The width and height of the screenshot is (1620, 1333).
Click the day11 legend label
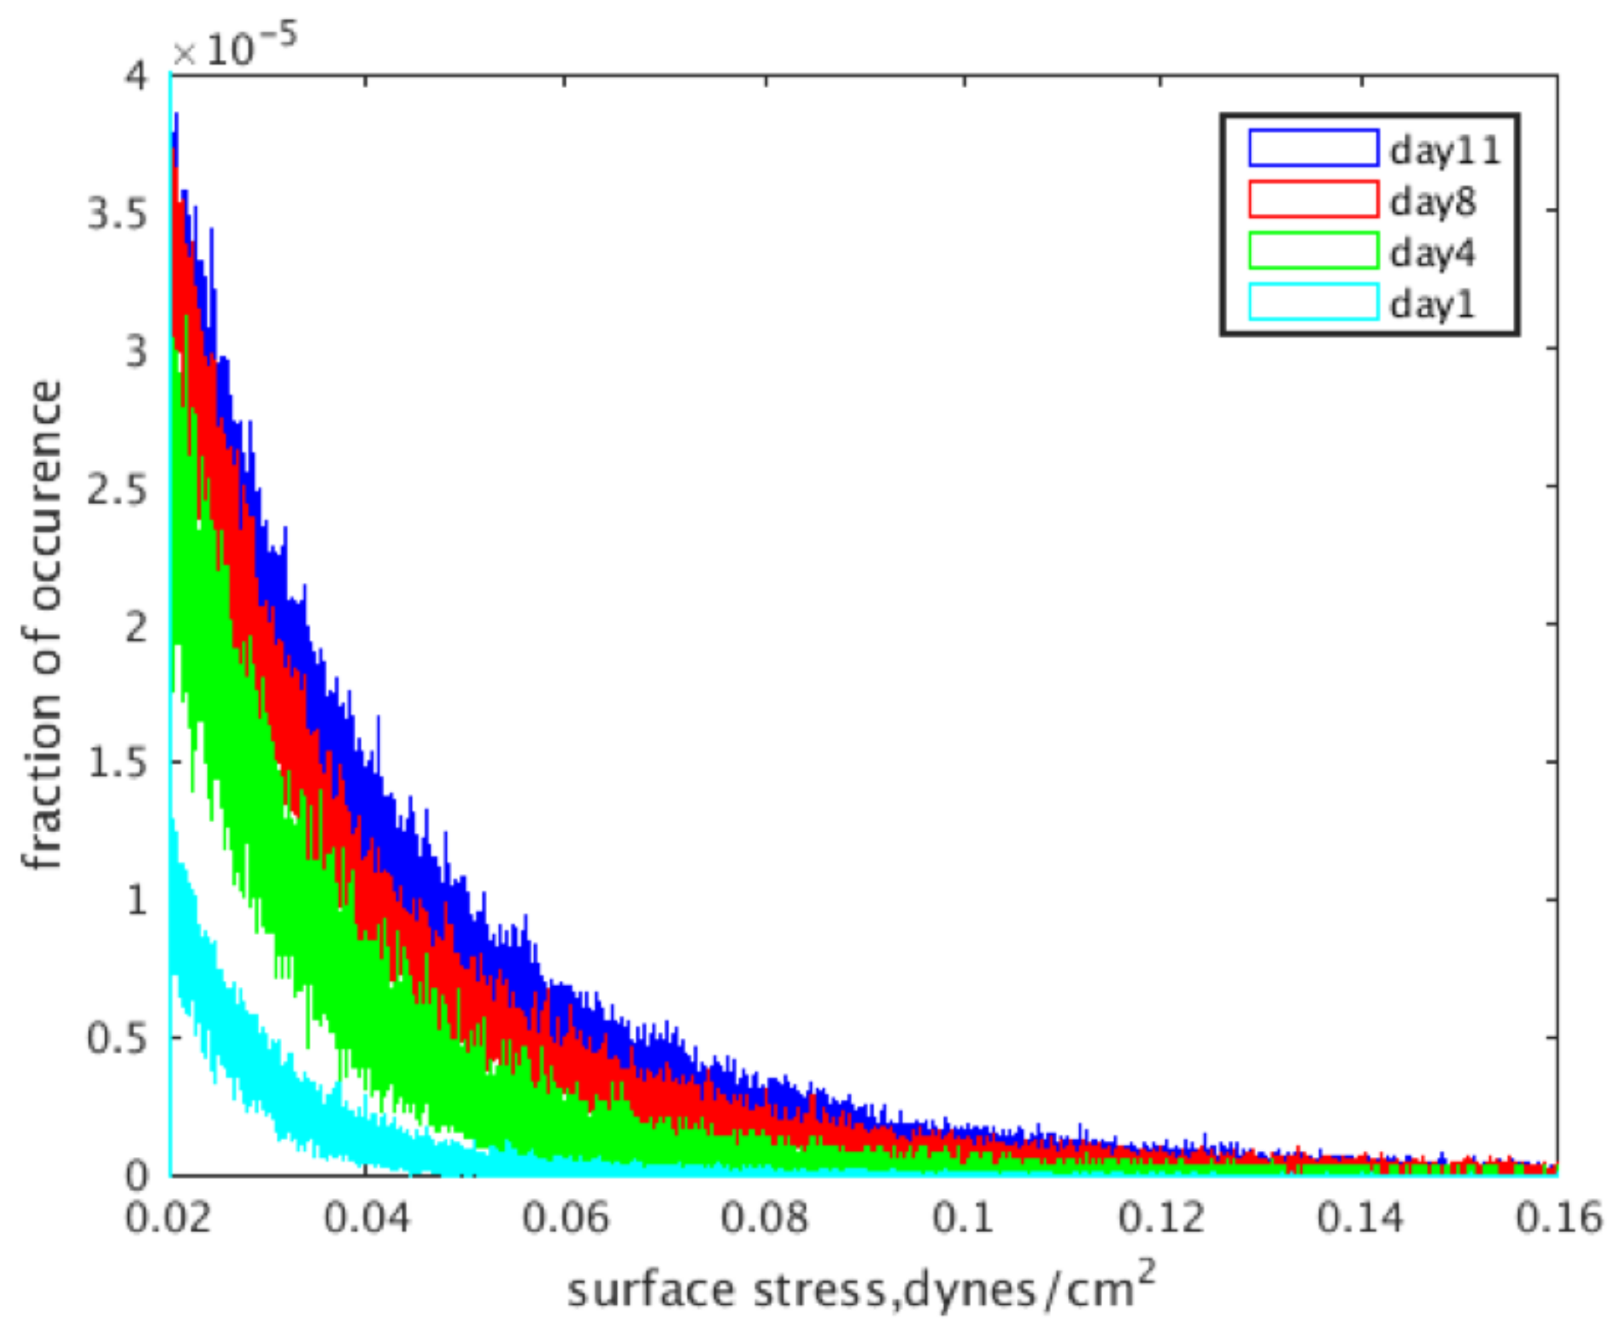1445,150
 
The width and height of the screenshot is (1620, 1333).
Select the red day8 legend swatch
1313,199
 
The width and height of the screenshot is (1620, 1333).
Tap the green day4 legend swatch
1313,250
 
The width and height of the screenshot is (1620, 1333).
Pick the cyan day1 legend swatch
1313,302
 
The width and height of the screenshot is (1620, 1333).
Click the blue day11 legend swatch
1313,148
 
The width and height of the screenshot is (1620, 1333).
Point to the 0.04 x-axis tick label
367,1218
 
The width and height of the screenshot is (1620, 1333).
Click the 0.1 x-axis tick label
964,1218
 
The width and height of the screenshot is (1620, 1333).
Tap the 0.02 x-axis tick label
168,1218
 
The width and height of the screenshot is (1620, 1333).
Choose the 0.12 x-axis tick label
1161,1218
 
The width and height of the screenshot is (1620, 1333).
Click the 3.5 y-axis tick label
118,214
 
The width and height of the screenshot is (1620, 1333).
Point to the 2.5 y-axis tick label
118,490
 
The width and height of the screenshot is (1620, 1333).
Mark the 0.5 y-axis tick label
118,1039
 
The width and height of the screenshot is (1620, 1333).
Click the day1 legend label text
1432,304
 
